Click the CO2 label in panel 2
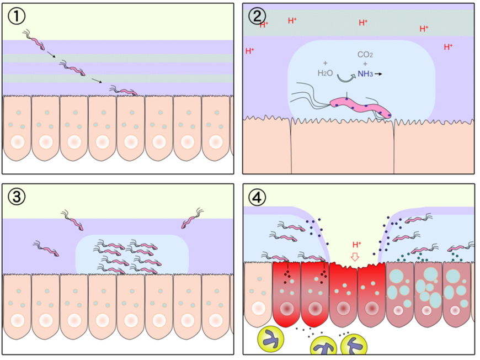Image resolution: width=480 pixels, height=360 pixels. coord(365,55)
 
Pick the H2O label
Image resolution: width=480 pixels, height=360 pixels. coord(326,72)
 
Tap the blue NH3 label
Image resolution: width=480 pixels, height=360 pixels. coord(365,73)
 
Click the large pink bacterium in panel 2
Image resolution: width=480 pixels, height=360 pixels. coord(361,106)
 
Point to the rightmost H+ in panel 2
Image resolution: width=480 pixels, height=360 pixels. coord(448,47)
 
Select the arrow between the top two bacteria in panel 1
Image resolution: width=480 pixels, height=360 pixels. coord(50,55)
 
